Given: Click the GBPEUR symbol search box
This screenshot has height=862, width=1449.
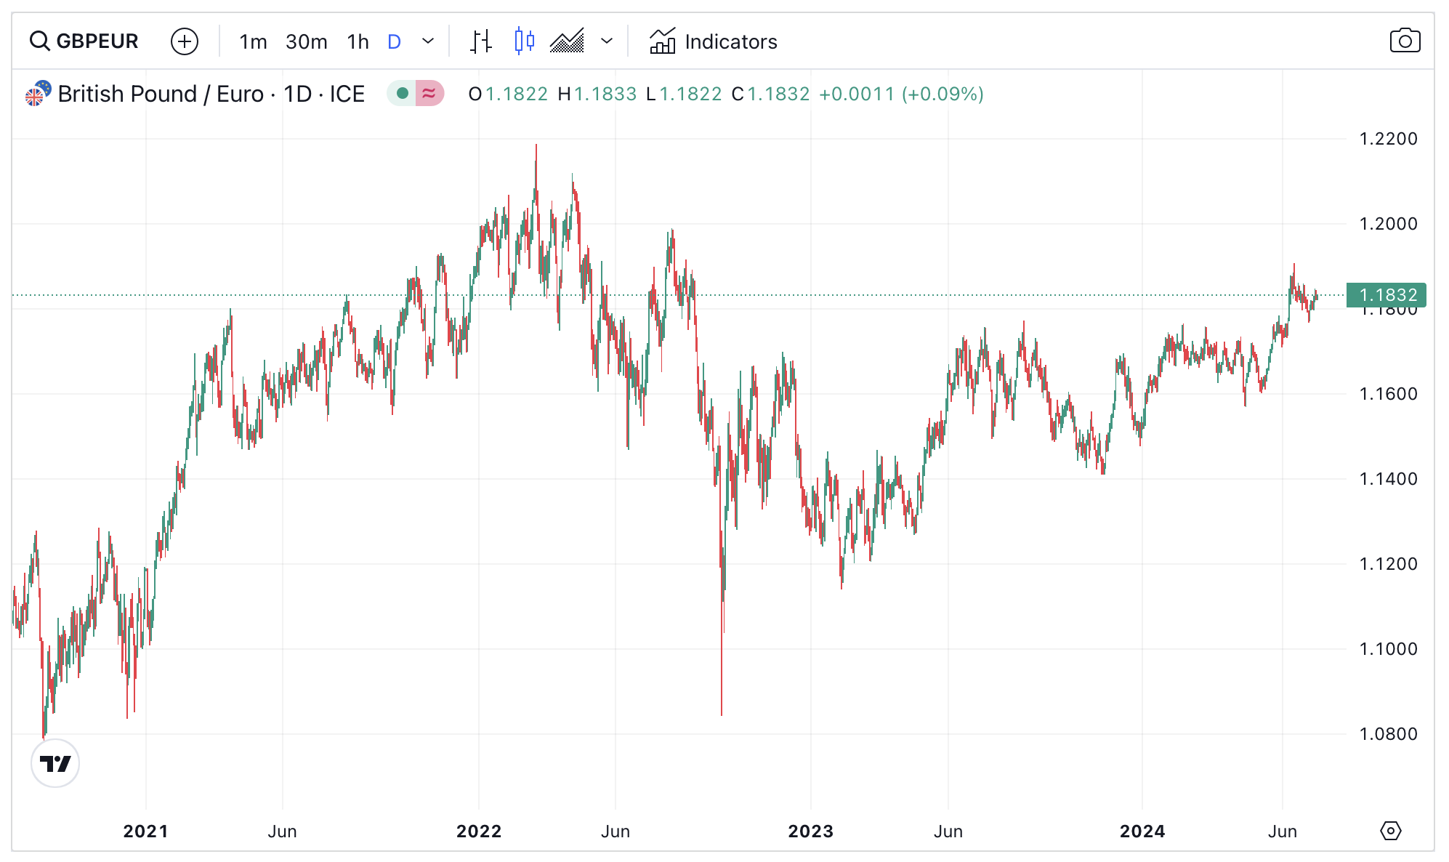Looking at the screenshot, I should pyautogui.click(x=84, y=41).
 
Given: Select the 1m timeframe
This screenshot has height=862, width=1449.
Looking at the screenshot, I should pyautogui.click(x=253, y=41).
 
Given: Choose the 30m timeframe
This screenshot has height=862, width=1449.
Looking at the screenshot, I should pyautogui.click(x=306, y=41).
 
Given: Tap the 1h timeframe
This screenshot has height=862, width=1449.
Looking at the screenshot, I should pyautogui.click(x=358, y=41).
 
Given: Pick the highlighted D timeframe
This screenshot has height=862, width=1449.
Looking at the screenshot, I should pyautogui.click(x=394, y=41).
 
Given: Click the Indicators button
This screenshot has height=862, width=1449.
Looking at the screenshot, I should pyautogui.click(x=713, y=41).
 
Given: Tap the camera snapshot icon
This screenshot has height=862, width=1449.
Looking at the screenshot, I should pyautogui.click(x=1404, y=41).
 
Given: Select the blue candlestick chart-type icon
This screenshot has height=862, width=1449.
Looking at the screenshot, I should pyautogui.click(x=524, y=41).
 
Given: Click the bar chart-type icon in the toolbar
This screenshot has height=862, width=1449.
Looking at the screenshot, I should pyautogui.click(x=480, y=41).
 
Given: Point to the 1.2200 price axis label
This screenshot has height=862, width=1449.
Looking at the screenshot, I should pyautogui.click(x=1388, y=139).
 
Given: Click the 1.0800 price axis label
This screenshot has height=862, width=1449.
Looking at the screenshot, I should pyautogui.click(x=1388, y=734).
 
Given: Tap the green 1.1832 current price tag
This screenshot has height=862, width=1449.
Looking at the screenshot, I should pyautogui.click(x=1386, y=295).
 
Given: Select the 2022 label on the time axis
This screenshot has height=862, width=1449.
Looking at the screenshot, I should pyautogui.click(x=479, y=831).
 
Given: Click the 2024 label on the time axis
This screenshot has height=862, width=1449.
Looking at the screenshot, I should pyautogui.click(x=1142, y=831).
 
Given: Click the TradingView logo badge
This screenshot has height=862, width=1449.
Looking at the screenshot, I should pyautogui.click(x=55, y=763).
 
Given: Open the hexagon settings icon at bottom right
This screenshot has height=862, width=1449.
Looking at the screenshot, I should pyautogui.click(x=1390, y=831).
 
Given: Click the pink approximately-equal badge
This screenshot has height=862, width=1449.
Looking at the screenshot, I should pyautogui.click(x=429, y=94).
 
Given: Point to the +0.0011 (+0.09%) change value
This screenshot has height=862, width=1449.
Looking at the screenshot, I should pyautogui.click(x=900, y=94).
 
